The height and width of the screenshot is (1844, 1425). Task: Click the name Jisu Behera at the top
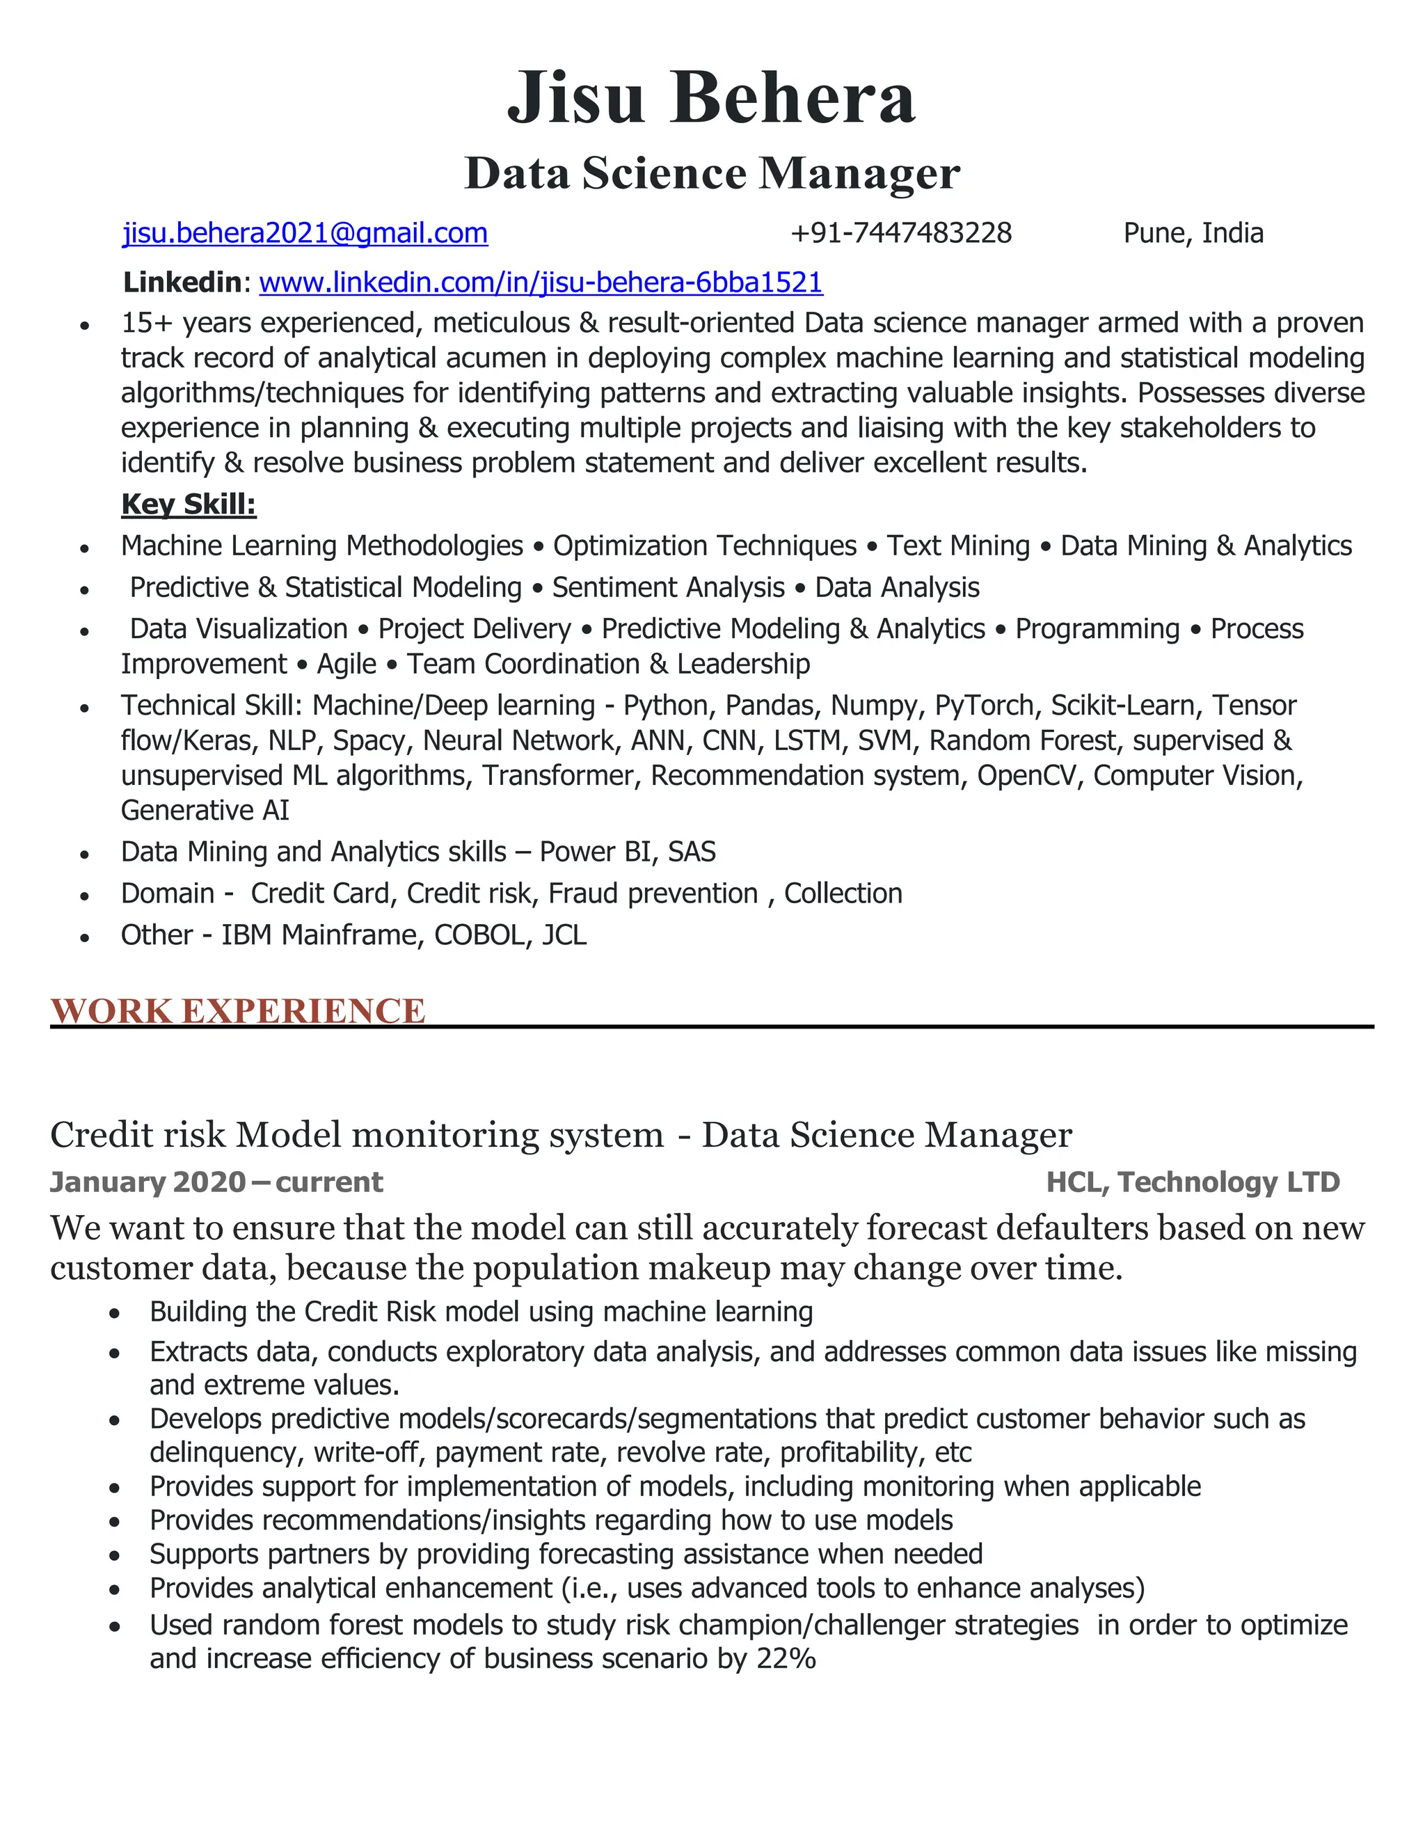click(x=711, y=98)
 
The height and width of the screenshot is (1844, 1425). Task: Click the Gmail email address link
click(x=305, y=233)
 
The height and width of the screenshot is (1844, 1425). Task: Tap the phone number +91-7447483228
click(x=901, y=233)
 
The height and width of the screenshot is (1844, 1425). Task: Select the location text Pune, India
click(x=1193, y=233)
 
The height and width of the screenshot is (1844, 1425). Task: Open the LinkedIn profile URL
click(x=540, y=282)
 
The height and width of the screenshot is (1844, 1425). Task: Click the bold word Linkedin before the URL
click(x=182, y=282)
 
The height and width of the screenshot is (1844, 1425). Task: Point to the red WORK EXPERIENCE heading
click(x=237, y=1010)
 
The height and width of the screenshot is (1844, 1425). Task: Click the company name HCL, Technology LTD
click(x=1192, y=1182)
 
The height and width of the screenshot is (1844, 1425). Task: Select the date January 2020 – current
click(x=216, y=1182)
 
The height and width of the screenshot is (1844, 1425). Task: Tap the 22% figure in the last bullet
click(x=786, y=1658)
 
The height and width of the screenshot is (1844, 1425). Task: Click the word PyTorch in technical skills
click(x=983, y=705)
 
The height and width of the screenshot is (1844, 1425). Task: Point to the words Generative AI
click(x=205, y=811)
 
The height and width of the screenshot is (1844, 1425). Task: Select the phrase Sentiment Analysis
click(x=668, y=588)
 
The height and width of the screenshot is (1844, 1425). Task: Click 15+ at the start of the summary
click(x=147, y=323)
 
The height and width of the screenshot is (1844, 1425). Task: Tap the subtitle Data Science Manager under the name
click(x=711, y=173)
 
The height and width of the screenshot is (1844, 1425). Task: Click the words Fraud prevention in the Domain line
click(x=653, y=893)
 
